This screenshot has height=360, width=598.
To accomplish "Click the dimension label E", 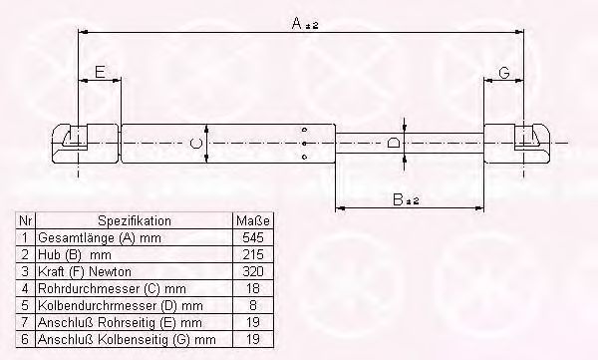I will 100,72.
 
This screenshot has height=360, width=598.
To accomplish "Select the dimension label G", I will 504,72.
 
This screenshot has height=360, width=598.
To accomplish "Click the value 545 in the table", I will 253,238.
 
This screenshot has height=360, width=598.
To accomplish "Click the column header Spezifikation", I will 134,220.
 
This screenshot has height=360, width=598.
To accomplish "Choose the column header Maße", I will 253,220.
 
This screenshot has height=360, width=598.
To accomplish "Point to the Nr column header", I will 26,220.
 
